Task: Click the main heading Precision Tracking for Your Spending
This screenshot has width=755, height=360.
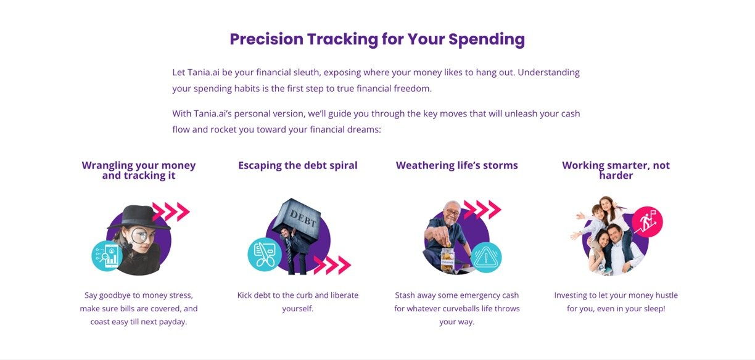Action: click(377, 39)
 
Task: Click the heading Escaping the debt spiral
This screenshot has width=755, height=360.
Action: click(297, 165)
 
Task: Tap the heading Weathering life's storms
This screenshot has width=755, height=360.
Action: click(456, 165)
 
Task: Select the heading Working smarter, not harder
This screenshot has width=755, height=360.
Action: click(616, 170)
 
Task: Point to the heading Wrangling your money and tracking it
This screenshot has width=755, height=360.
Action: click(139, 170)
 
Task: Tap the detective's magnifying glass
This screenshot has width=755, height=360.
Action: click(139, 235)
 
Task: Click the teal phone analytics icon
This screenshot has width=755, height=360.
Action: click(107, 256)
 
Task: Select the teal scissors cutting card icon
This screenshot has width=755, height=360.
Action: click(265, 255)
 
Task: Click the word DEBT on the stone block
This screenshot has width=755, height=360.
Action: click(303, 219)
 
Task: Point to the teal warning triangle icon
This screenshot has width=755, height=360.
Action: click(485, 257)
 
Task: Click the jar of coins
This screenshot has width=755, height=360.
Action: click(448, 260)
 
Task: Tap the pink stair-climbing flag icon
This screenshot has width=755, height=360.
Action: click(647, 221)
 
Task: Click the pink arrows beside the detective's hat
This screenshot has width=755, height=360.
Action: click(171, 212)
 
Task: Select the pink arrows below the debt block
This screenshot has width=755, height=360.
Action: click(332, 265)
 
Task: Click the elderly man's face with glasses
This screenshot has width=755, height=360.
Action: click(452, 213)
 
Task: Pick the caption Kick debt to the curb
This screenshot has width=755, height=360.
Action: click(297, 301)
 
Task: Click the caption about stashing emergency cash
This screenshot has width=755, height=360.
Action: click(456, 308)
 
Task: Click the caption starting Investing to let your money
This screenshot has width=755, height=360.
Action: click(616, 301)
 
